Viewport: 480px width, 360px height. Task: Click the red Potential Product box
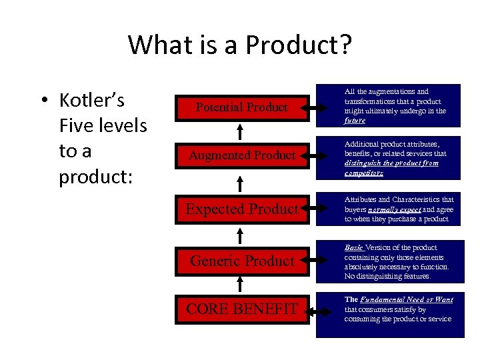[x=242, y=107]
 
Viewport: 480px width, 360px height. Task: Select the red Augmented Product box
[x=242, y=155]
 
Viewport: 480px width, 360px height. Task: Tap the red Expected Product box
[x=242, y=209]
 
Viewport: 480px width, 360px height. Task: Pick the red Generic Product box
[x=242, y=261]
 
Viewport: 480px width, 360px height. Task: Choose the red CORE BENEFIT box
[x=242, y=309]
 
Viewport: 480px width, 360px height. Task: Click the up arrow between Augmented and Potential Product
[x=241, y=131]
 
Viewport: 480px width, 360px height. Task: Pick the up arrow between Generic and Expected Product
[x=241, y=235]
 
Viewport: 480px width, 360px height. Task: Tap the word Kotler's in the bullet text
[x=92, y=101]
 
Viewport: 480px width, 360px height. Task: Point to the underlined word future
[x=355, y=121]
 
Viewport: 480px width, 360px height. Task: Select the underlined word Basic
[x=354, y=247]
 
